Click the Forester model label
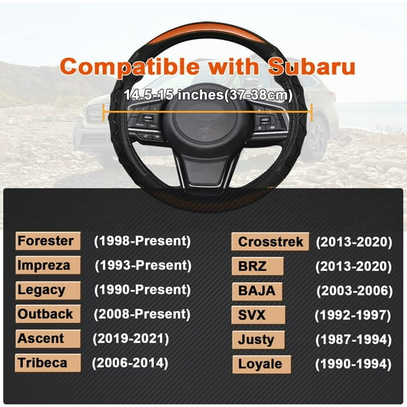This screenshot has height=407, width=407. point(45,241)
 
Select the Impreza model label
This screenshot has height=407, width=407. point(44,266)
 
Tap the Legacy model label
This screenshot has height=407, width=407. point(41,290)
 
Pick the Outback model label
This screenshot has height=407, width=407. point(45,314)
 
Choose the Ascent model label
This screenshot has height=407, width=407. point(41,339)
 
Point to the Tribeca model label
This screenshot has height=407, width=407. point(43,363)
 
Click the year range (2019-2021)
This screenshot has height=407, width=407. point(131,339)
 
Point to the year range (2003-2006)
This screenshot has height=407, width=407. point(354,291)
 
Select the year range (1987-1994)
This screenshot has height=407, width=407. point(354,340)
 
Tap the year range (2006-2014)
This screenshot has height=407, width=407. point(130,363)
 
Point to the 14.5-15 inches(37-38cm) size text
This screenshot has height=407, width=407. point(207,94)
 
